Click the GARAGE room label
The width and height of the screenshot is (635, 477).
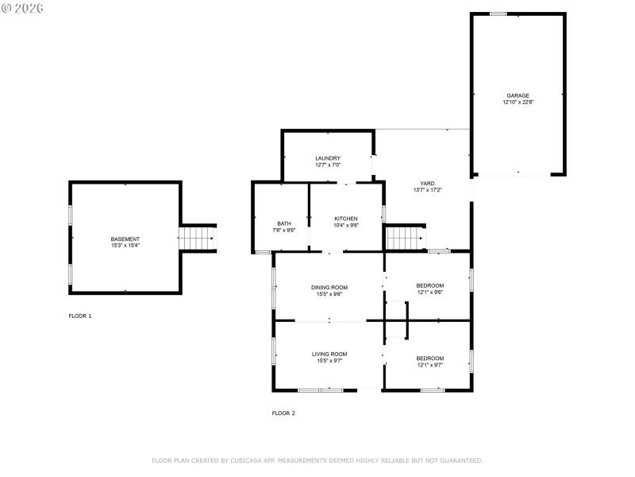tap(518, 95)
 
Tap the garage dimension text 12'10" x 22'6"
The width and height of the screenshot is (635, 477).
tap(518, 103)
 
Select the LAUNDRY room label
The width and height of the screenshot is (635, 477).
tap(328, 158)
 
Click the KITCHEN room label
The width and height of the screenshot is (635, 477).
tap(345, 219)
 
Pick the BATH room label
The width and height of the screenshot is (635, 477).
tap(284, 223)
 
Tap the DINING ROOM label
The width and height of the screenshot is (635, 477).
tap(329, 287)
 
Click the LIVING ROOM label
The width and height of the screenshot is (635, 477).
tap(329, 354)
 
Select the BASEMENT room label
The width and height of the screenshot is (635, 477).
tap(125, 239)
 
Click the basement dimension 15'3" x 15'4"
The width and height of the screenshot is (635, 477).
tap(125, 246)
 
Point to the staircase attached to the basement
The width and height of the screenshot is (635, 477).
tap(197, 238)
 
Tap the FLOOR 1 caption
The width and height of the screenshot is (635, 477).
tap(80, 316)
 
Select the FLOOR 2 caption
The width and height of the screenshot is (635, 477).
tap(283, 413)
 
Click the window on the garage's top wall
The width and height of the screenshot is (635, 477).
tap(498, 14)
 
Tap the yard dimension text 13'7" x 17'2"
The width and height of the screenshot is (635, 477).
tap(427, 190)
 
